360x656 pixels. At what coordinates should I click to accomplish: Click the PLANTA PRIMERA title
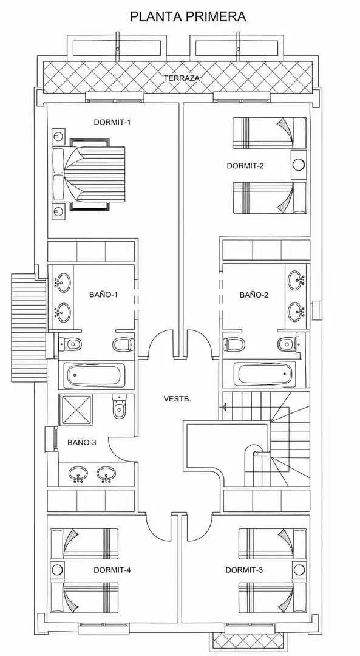coord(188,16)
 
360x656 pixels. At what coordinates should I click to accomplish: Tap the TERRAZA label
coord(182,78)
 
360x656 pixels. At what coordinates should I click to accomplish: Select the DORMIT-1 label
coord(112,122)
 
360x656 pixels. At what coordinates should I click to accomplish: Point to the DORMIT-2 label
coord(245,166)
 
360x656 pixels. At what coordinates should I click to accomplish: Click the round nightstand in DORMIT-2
coord(299,165)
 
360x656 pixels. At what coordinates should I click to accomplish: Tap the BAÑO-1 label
coord(103,295)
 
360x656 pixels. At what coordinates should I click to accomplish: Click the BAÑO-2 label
coord(254,295)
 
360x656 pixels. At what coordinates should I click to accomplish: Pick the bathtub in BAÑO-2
coord(264,374)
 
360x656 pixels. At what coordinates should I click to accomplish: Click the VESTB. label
coord(177,398)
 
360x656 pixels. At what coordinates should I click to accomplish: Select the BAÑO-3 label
coord(82,442)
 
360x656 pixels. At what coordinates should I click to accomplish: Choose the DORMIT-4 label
coord(112,570)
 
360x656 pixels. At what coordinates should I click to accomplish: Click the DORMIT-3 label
coord(244,570)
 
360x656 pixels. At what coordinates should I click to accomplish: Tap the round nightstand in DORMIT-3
coord(299,569)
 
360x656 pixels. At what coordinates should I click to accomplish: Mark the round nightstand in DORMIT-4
coord(57,569)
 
